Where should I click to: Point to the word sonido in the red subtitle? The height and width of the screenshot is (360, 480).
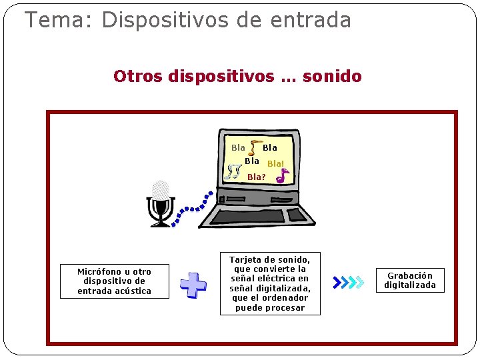(x=332, y=76)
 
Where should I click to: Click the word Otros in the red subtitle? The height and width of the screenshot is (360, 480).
(x=138, y=76)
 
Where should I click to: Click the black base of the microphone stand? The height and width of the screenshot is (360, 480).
(x=161, y=223)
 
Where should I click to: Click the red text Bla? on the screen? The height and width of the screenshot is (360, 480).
(x=257, y=177)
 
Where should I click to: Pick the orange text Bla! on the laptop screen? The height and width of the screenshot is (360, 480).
(x=275, y=163)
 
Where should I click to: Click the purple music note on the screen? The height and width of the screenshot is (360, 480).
(x=283, y=176)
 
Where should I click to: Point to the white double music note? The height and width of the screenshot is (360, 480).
(x=233, y=173)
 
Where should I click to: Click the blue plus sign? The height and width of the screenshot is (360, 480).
(x=193, y=285)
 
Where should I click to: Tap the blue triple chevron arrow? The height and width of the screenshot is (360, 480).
(x=348, y=282)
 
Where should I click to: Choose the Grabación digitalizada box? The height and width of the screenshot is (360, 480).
(x=409, y=280)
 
